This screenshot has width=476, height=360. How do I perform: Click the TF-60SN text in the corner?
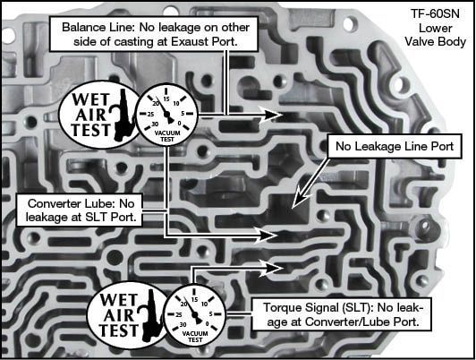(435, 14)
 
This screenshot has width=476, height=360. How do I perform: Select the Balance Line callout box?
(154, 34)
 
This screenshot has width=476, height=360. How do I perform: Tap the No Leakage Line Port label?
(395, 146)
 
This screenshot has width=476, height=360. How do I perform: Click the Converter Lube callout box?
(80, 210)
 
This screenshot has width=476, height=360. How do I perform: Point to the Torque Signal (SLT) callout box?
(342, 314)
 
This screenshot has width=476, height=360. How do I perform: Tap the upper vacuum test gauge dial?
(166, 114)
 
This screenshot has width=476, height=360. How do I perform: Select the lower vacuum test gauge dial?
(194, 314)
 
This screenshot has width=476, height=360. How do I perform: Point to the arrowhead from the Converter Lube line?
(268, 235)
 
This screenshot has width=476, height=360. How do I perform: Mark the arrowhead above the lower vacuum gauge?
(272, 268)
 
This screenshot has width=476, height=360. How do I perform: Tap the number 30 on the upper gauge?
(155, 124)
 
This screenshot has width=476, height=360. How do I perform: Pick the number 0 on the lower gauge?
(208, 324)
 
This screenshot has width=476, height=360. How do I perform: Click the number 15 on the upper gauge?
(166, 99)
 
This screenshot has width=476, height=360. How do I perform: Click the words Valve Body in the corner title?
(436, 41)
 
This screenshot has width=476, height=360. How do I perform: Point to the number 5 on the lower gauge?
(210, 313)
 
